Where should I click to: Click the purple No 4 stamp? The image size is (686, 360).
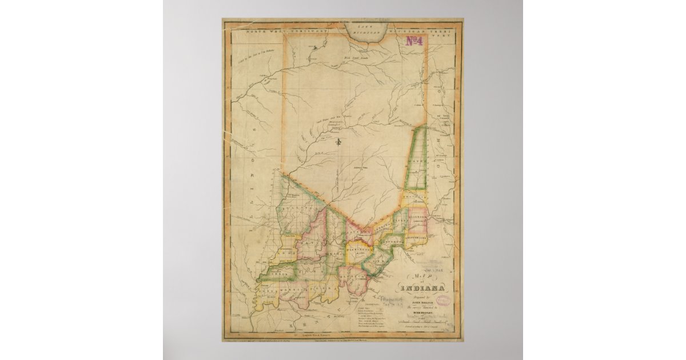click(414, 41)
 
